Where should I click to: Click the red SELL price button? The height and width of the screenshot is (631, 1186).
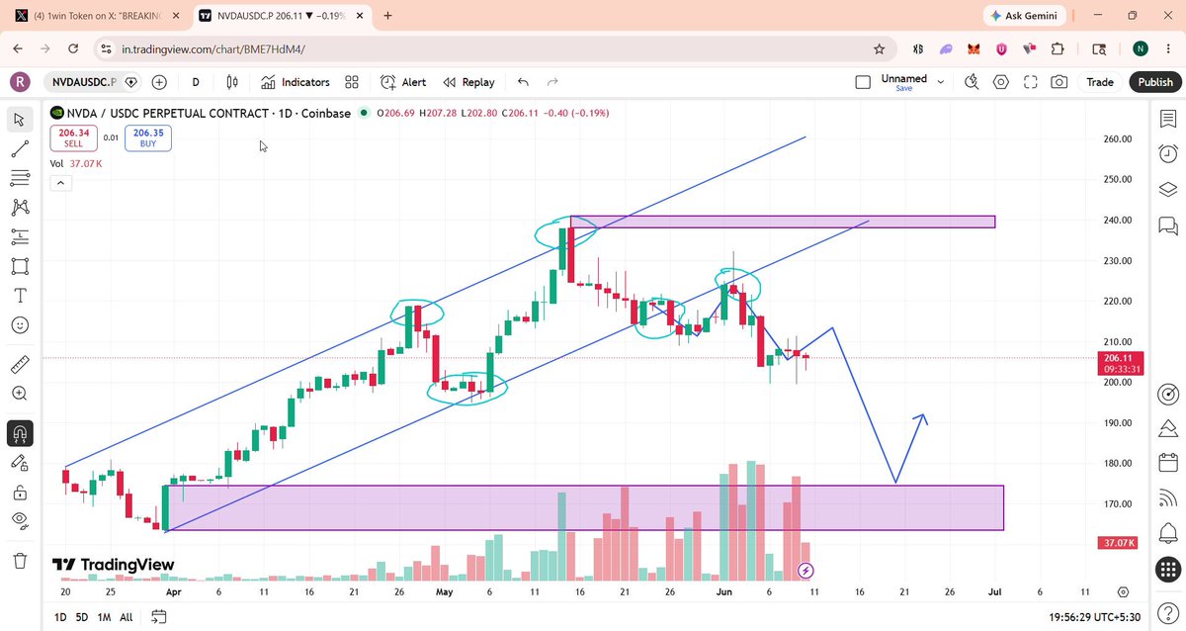click(73, 137)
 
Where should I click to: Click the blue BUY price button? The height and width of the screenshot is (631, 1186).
click(148, 137)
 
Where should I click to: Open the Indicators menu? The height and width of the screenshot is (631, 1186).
click(295, 82)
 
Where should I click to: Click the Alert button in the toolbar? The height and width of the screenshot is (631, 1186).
click(403, 82)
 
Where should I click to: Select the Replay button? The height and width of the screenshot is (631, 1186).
click(469, 82)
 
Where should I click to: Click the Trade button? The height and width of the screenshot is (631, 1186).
click(1100, 82)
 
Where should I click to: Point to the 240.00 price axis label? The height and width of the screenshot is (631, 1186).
click(1117, 220)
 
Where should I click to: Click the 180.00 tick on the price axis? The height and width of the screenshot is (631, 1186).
click(1117, 463)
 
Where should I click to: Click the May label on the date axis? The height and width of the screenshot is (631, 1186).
click(444, 591)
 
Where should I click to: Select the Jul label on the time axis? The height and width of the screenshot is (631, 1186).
click(995, 591)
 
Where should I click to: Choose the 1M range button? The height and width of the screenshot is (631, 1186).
click(105, 617)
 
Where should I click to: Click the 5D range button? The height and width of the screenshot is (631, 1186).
click(81, 617)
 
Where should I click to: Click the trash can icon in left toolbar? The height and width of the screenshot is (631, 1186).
click(20, 561)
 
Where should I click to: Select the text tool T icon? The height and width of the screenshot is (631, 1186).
click(20, 296)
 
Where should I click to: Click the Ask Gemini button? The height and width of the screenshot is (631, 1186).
click(1024, 16)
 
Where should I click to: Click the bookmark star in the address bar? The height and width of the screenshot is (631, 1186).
click(879, 49)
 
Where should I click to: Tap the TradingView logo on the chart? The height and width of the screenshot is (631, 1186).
click(113, 565)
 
